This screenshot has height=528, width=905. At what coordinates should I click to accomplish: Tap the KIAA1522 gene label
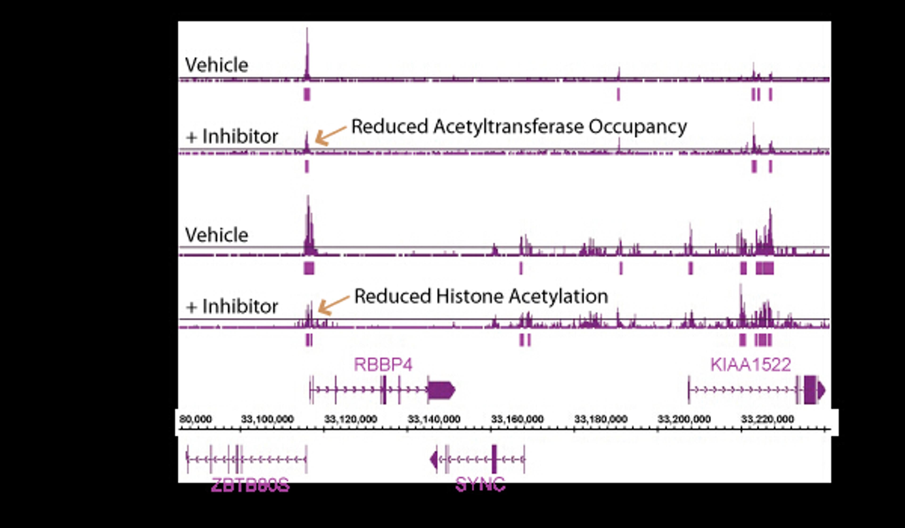pos(751,365)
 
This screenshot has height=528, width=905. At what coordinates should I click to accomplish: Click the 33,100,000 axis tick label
pos(267,419)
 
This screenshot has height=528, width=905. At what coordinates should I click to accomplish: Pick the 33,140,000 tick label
pos(434,419)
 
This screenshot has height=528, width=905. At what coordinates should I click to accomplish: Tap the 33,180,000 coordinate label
pos(601,419)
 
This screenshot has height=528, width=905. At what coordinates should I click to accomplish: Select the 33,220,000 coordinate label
pos(767,419)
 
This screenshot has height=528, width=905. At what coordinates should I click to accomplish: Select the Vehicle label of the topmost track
pos(217,65)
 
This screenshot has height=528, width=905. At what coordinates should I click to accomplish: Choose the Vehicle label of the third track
pos(217,235)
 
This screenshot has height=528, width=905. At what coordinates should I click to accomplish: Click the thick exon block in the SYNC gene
pos(494,459)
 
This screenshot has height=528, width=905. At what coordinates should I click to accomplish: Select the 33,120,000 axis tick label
pos(350,419)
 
